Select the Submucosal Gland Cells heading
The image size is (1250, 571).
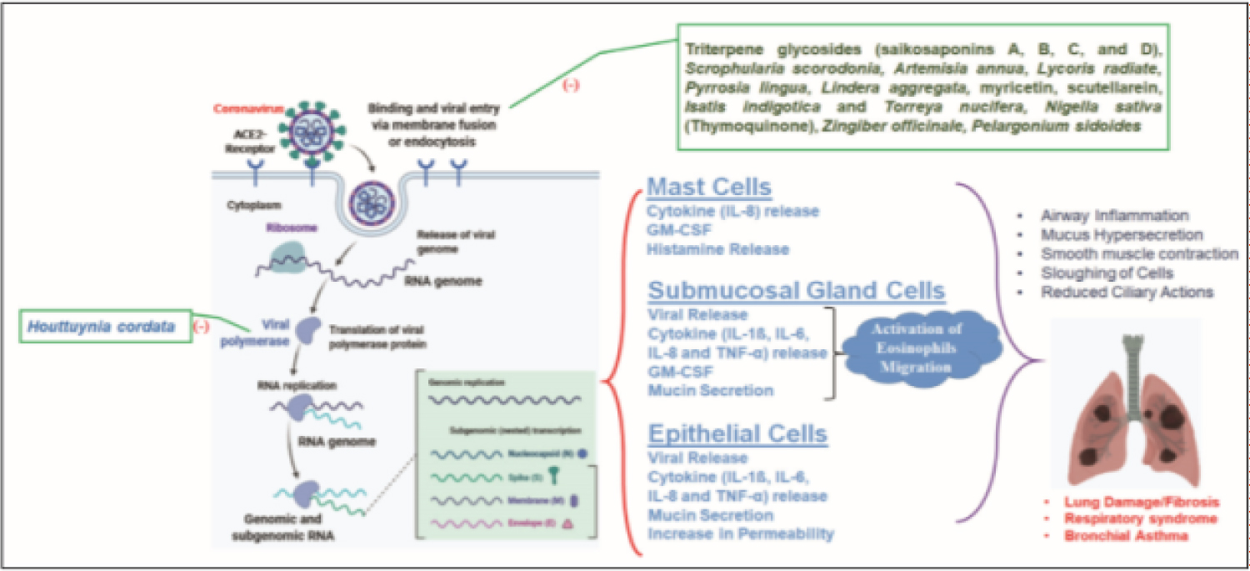click(797, 291)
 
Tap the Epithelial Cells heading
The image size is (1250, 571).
click(737, 434)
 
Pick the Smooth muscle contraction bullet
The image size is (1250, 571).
click(1139, 253)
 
